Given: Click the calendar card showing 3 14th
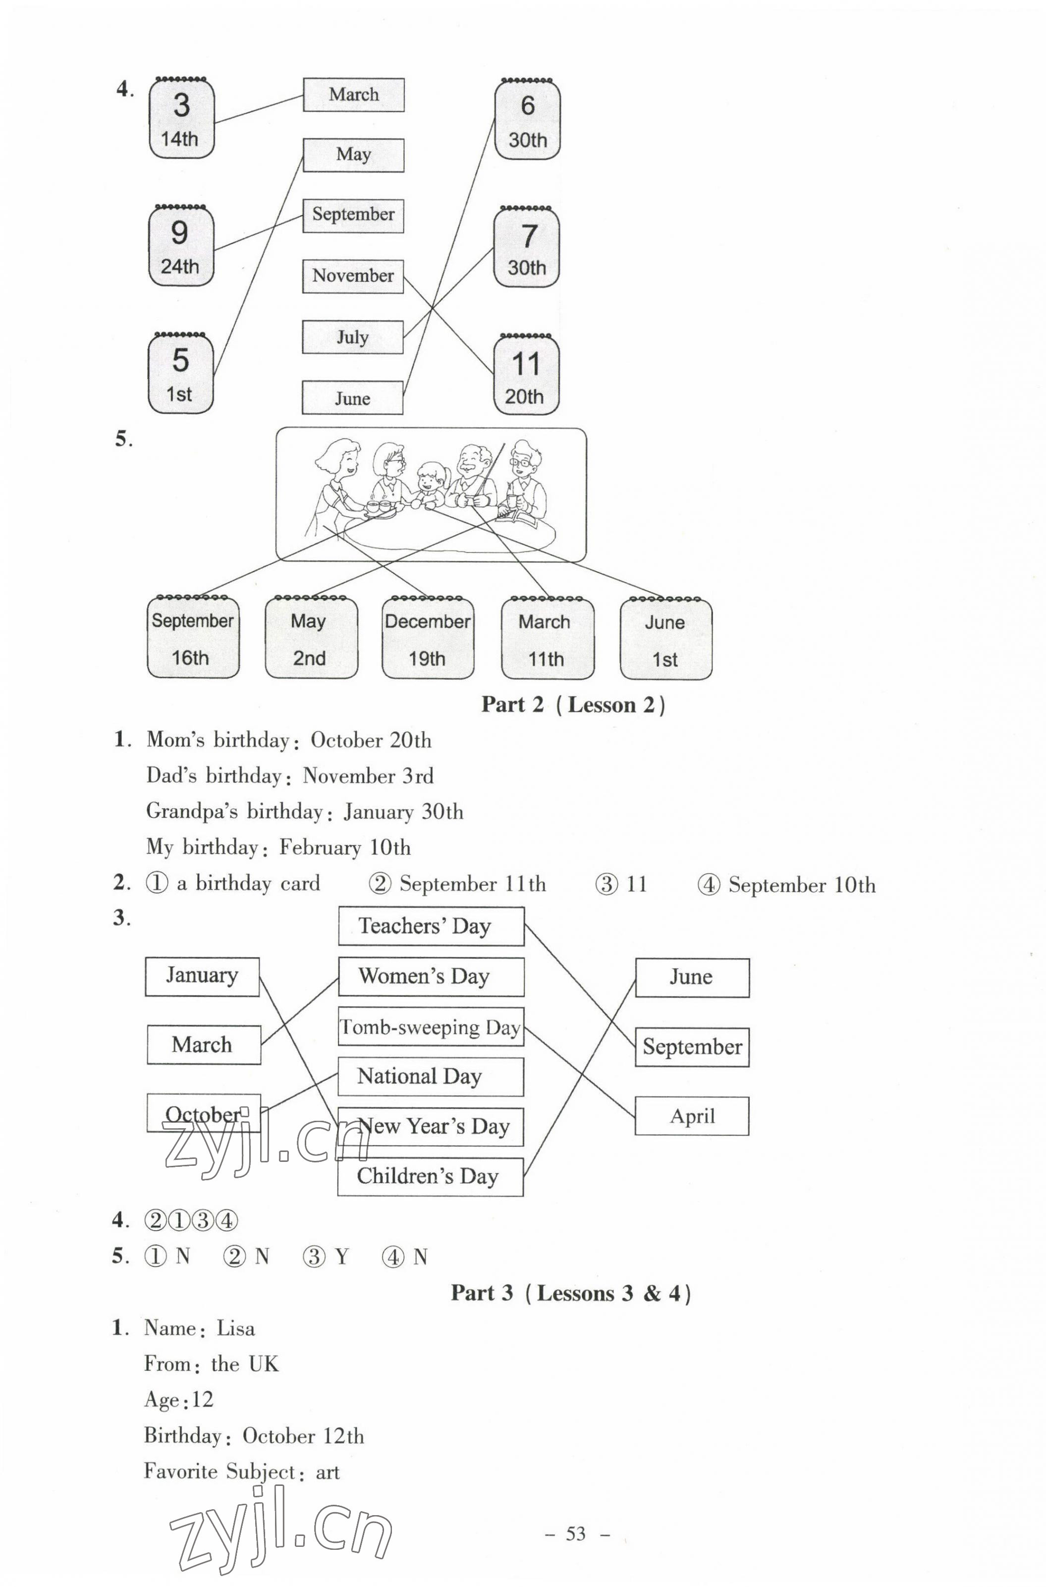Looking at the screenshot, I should (x=181, y=119).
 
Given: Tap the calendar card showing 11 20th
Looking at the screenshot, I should (x=526, y=376).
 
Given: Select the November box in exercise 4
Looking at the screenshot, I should (x=353, y=276).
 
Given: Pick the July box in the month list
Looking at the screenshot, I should (x=352, y=337).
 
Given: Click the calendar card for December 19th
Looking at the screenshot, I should (x=428, y=638).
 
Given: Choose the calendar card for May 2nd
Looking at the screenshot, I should (x=311, y=638).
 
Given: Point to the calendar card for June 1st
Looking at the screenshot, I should (x=666, y=639).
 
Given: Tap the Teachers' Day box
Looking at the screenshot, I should (x=431, y=926).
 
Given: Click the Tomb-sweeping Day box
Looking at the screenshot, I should (x=431, y=1027).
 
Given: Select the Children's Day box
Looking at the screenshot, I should (x=430, y=1176).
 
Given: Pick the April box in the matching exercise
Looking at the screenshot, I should (x=692, y=1116).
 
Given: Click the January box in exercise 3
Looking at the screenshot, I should (x=202, y=977).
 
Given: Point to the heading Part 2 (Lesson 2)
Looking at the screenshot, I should (x=573, y=705).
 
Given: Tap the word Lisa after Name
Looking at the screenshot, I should (x=235, y=1328).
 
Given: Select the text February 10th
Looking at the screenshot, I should (x=345, y=848).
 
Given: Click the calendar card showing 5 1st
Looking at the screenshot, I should (x=181, y=374).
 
